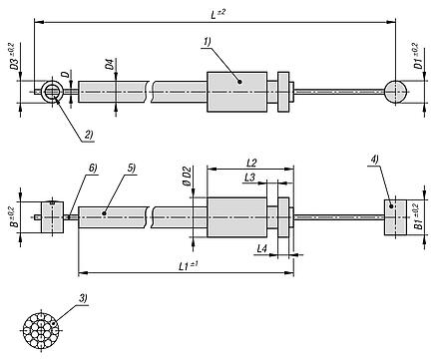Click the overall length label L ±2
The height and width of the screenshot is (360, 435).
[x=217, y=14]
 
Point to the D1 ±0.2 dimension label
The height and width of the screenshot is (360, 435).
[x=419, y=56]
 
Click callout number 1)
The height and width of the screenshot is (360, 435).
[x=208, y=42]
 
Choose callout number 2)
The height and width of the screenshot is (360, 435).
[x=89, y=135]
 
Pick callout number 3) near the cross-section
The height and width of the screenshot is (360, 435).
[x=83, y=298]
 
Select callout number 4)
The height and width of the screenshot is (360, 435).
[x=374, y=160]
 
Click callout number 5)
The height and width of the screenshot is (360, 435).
[x=132, y=169]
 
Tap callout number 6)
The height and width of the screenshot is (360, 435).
[x=93, y=169]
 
